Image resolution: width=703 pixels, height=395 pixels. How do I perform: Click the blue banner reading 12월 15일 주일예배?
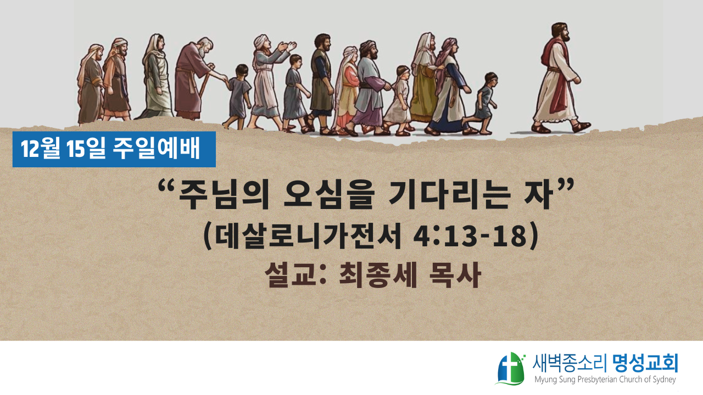click(114, 149)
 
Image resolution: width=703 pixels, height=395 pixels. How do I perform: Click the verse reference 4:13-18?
click(470, 236)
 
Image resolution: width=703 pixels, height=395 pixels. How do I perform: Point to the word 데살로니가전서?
click(309, 236)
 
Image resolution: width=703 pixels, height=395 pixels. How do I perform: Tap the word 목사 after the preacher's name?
click(455, 275)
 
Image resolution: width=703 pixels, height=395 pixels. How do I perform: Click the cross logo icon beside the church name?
click(510, 369)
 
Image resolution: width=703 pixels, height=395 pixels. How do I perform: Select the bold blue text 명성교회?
click(645, 364)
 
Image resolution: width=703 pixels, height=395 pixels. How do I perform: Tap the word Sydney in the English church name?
click(663, 380)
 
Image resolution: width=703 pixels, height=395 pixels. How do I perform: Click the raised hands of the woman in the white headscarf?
click(286, 47)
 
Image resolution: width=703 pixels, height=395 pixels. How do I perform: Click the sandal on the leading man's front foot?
click(581, 127)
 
